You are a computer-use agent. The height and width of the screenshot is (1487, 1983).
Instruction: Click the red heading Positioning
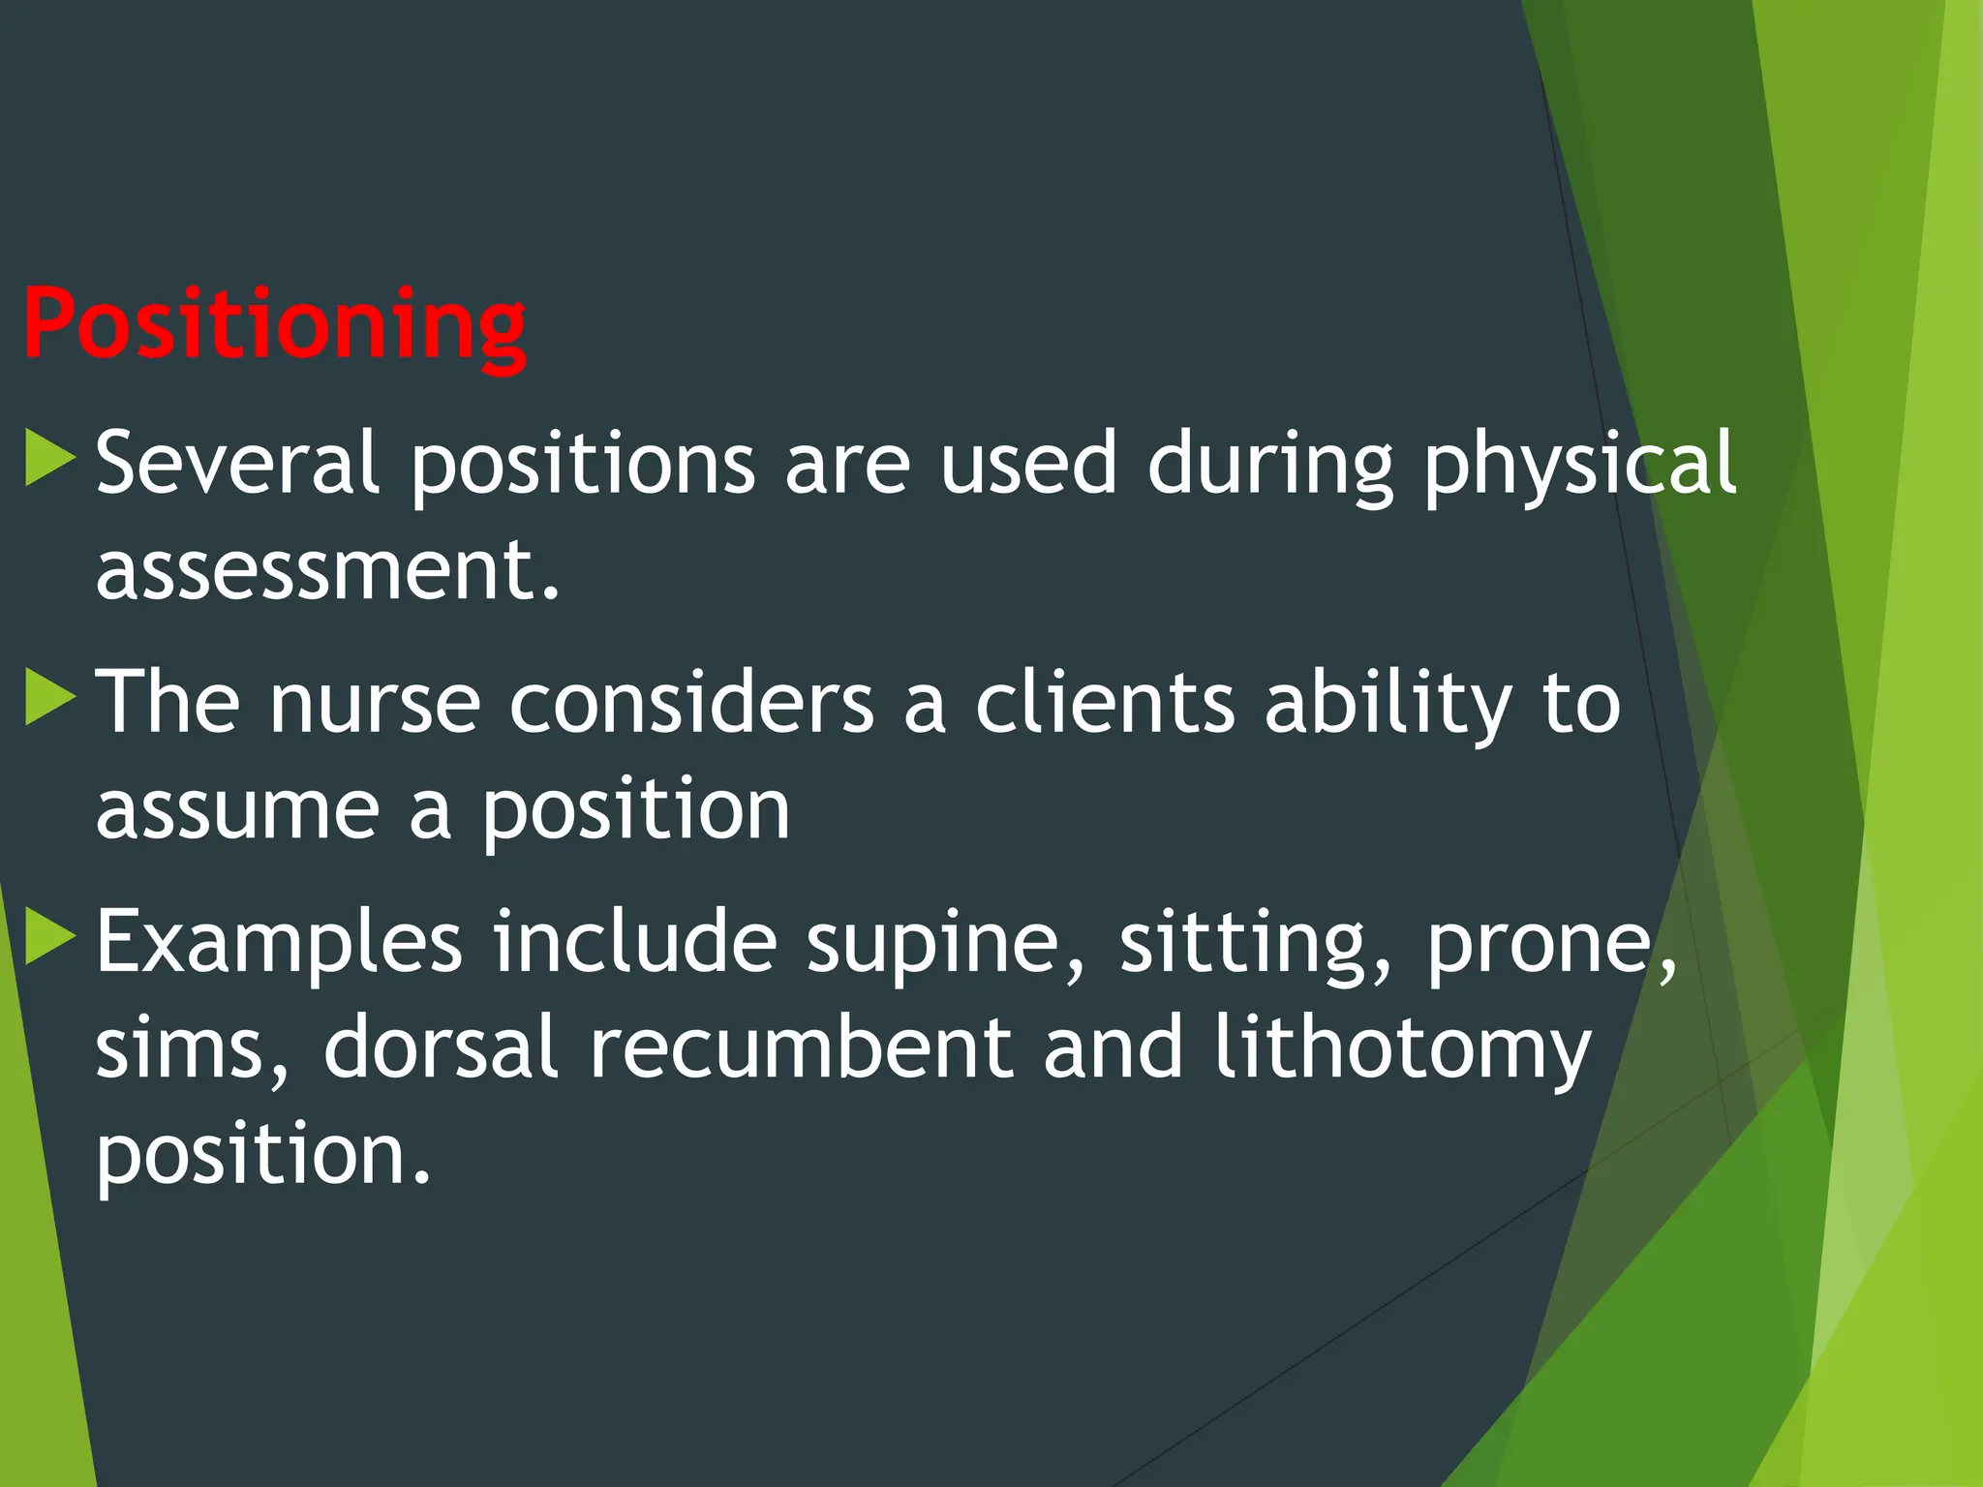274,325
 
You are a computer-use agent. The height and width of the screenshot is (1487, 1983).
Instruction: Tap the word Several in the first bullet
236,464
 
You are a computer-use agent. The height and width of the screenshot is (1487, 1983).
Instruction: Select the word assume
237,810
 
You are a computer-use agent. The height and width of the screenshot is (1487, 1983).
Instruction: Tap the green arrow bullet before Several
48,458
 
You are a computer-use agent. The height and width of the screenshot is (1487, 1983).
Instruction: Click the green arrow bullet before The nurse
48,697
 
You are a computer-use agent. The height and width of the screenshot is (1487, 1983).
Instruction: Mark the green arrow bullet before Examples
48,937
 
